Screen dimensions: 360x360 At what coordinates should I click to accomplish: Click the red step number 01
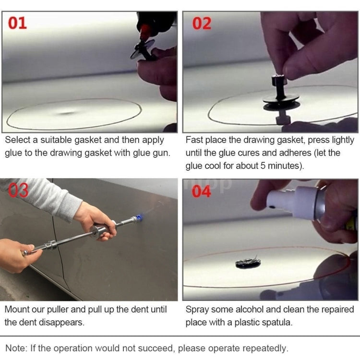[x=18, y=23]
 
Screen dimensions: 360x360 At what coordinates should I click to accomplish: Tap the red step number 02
[x=202, y=23]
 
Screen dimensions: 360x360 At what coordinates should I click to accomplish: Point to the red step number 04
[x=202, y=192]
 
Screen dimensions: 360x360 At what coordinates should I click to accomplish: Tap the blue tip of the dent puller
[x=139, y=218]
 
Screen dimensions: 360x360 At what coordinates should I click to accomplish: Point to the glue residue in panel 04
[x=248, y=263]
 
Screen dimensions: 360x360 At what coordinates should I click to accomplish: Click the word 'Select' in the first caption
[x=18, y=140]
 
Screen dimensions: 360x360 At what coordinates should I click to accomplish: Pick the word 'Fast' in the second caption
[x=195, y=140]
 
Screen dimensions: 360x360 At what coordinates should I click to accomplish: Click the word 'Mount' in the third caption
[x=18, y=310]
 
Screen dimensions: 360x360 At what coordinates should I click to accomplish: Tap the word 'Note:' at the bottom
[x=16, y=348]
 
